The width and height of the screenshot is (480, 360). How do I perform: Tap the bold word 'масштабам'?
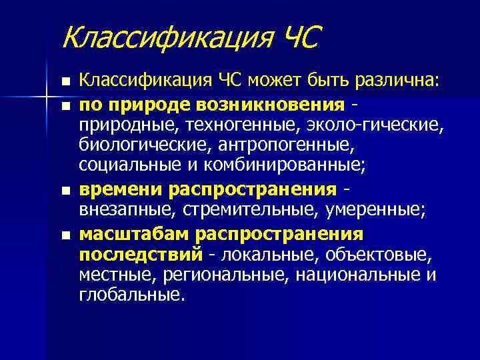(x=135, y=233)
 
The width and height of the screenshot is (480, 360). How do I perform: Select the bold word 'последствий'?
(x=140, y=255)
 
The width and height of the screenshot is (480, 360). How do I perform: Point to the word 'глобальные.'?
(x=130, y=295)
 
